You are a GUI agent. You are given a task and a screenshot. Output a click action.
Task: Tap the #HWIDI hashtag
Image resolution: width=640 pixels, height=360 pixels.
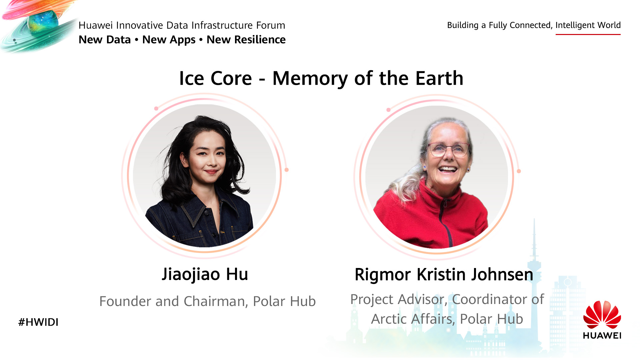point(38,322)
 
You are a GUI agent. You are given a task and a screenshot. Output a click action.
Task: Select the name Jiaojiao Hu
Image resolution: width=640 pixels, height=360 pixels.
point(205,275)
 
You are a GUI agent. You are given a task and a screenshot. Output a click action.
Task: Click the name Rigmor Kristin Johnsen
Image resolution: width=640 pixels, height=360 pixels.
point(444,275)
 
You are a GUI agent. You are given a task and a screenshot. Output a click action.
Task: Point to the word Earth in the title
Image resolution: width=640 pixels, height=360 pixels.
point(439,78)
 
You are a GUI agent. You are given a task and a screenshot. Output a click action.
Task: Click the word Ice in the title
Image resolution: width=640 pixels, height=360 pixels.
point(191,78)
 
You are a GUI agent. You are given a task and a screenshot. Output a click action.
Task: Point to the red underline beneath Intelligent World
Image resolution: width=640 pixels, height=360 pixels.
point(588,34)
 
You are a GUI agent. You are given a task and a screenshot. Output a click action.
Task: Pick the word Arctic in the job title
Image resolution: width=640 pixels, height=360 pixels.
point(389,319)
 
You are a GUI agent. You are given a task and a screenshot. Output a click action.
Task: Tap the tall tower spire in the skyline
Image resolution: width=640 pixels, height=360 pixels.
point(534,247)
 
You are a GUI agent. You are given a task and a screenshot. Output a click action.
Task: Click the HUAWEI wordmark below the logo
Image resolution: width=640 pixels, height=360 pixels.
point(602,335)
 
